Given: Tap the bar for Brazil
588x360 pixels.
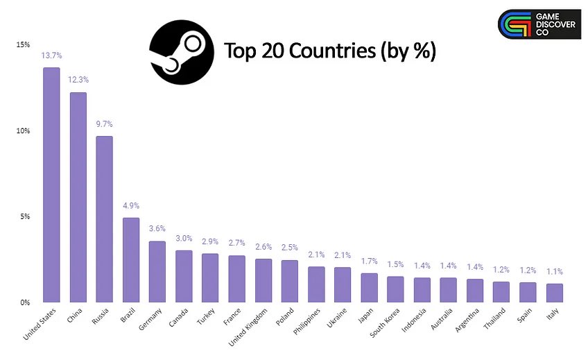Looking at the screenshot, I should [x=130, y=260].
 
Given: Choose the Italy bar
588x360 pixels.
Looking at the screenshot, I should [x=554, y=293].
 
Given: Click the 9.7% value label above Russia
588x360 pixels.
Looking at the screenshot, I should [x=104, y=124].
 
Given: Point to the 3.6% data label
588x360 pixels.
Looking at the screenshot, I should [x=157, y=228].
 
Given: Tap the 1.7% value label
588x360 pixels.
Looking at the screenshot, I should [x=369, y=261].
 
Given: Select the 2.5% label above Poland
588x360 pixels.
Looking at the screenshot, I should [x=289, y=248].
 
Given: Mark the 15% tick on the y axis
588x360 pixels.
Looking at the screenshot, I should [x=23, y=45].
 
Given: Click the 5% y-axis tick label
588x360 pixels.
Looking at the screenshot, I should [x=25, y=216].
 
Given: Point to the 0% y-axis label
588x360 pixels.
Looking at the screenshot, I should [x=25, y=302].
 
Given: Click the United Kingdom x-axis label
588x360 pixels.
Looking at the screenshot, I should [x=251, y=325].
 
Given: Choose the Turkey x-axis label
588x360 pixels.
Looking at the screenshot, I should [x=206, y=317].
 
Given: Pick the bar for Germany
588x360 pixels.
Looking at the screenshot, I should [x=157, y=271].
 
